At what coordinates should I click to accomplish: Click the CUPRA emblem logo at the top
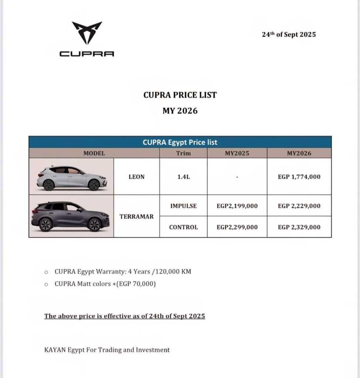click(87, 33)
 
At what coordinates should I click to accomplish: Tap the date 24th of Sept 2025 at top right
click(289, 34)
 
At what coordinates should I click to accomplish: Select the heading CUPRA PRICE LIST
click(180, 95)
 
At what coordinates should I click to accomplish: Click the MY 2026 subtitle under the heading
click(180, 111)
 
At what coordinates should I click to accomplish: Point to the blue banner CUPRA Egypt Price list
click(180, 142)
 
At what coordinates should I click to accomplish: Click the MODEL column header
click(94, 153)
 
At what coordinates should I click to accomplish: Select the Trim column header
click(183, 153)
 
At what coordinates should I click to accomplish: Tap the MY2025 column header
click(237, 153)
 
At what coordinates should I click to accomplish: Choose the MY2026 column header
click(299, 153)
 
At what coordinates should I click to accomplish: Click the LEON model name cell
click(136, 177)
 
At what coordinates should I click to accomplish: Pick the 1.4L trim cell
click(183, 177)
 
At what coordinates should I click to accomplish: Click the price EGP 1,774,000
click(299, 177)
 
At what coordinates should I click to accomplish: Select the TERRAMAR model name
click(136, 217)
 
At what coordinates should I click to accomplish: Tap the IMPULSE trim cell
click(183, 206)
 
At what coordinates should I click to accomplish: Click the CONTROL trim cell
click(183, 227)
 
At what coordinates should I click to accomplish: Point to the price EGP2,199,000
click(237, 206)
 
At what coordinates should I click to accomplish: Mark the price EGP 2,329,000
click(299, 227)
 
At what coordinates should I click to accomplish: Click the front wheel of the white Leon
click(94, 185)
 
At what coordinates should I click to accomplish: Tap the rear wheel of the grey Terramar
click(45, 224)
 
